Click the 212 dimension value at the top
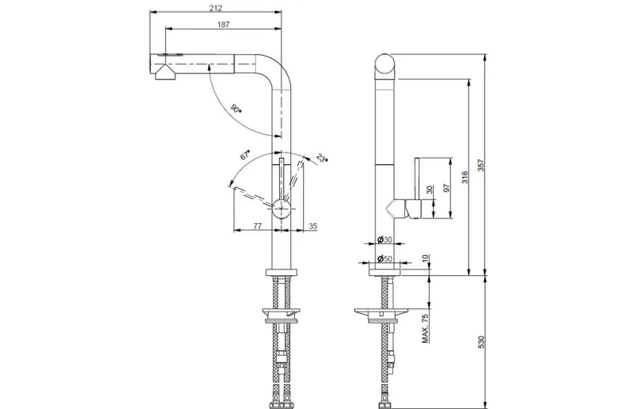click(215, 8)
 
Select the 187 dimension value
click(223, 25)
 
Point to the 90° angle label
click(235, 108)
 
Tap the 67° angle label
click(245, 155)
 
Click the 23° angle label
click(322, 158)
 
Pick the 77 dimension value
click(258, 226)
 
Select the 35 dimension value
click(313, 226)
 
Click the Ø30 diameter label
click(384, 239)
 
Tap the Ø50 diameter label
click(384, 258)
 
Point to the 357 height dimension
click(481, 165)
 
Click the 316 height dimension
click(465, 178)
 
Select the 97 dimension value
click(447, 187)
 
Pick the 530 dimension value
click(481, 342)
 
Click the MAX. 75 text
click(425, 328)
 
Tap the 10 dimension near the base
click(425, 258)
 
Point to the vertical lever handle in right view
click(417, 179)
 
